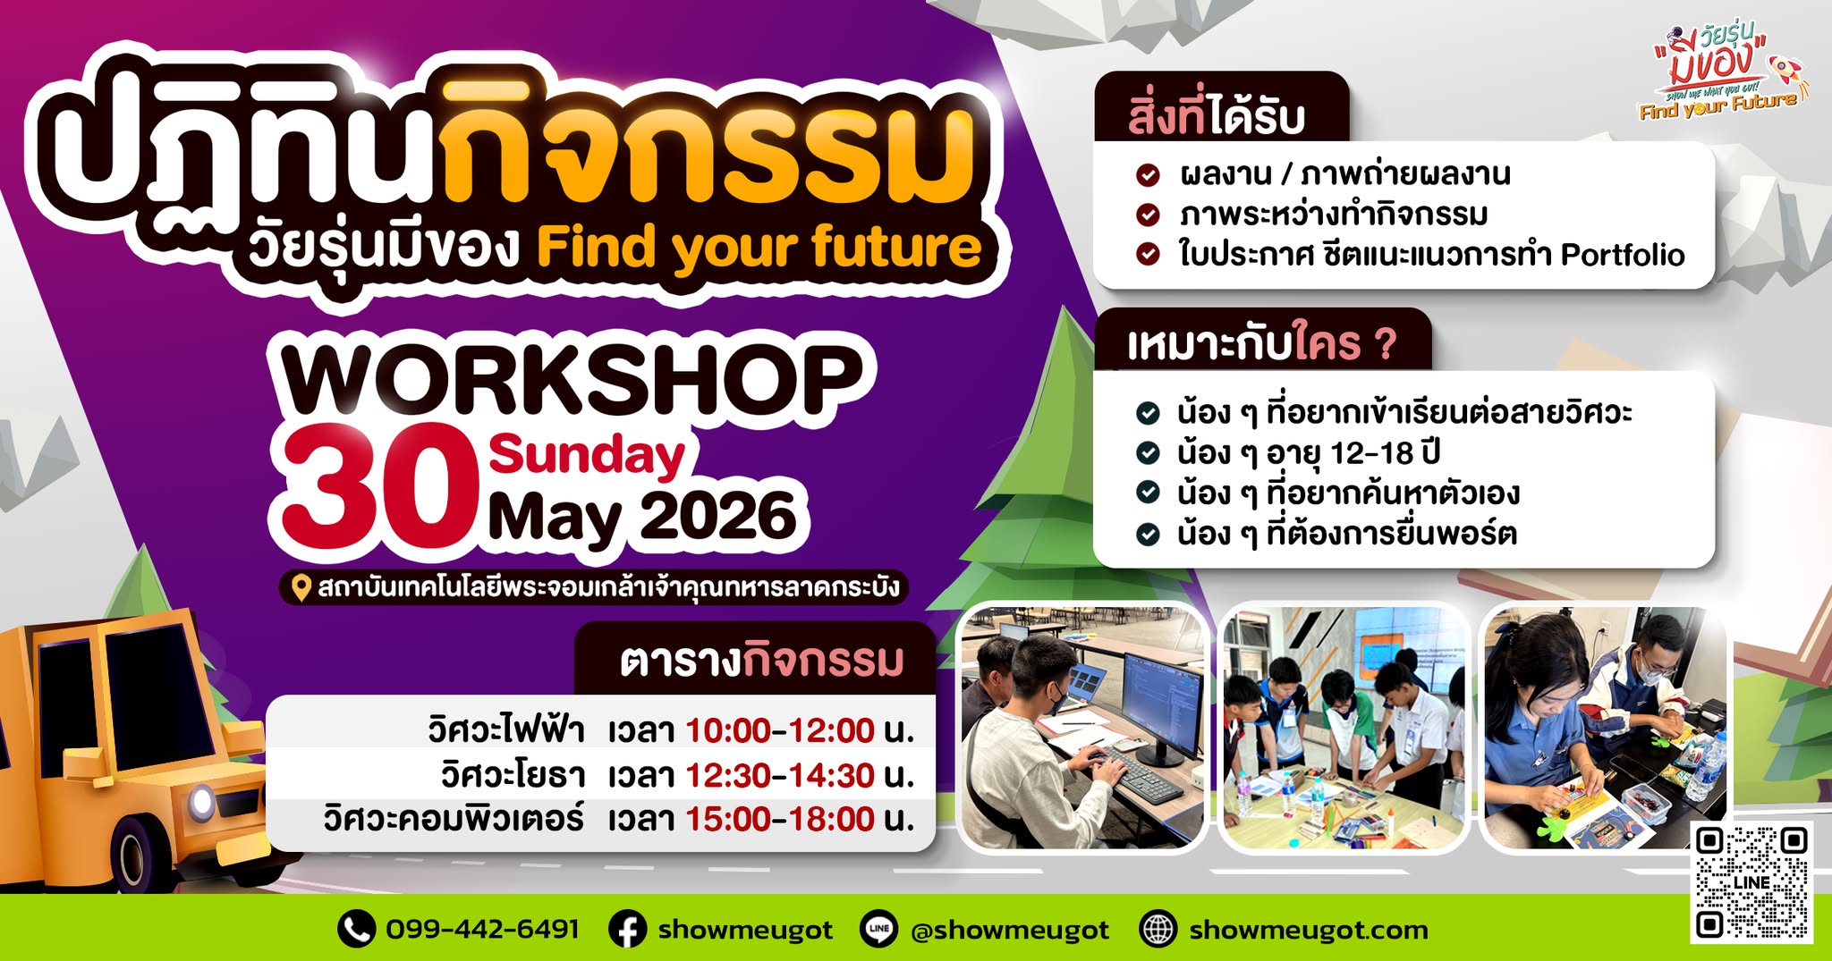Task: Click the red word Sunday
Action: pos(587,456)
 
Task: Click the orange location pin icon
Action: pos(301,587)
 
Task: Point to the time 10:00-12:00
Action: pos(779,730)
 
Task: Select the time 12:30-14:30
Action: pos(779,775)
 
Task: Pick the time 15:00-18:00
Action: pos(779,819)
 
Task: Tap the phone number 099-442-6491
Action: pos(482,929)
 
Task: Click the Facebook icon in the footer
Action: pos(627,930)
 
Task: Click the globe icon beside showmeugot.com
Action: pos(1158,930)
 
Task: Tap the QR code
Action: pos(1751,881)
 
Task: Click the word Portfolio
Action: pos(1623,256)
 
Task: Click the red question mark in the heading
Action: pos(1385,344)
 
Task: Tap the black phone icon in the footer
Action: pos(356,930)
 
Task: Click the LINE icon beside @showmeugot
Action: pos(878,930)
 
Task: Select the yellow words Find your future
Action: pos(759,248)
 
